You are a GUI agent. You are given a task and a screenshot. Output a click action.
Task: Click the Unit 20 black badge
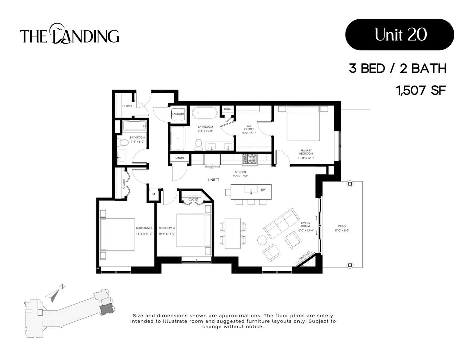(399, 35)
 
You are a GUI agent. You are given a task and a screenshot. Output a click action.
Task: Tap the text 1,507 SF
(421, 90)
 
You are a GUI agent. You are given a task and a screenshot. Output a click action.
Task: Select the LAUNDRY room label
(178, 114)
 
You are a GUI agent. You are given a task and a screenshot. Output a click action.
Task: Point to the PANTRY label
(179, 158)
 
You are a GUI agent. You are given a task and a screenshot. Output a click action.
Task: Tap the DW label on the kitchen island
(263, 190)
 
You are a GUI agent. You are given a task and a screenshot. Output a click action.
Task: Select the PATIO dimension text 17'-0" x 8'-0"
(342, 230)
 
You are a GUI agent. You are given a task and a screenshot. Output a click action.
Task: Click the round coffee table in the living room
(262, 240)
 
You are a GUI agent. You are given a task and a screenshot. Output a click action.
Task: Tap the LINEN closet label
(228, 109)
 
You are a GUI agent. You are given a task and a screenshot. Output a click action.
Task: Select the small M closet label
(154, 194)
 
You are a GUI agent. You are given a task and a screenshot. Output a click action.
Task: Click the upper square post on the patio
(350, 184)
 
